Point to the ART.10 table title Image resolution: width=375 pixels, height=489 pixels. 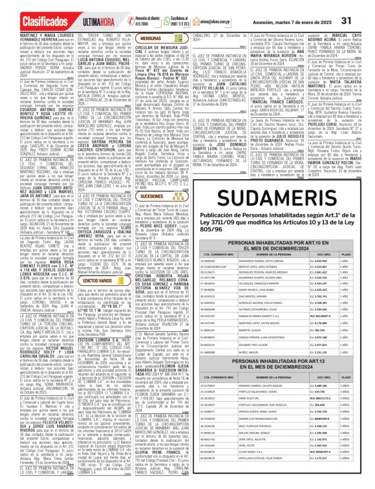[282, 226]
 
